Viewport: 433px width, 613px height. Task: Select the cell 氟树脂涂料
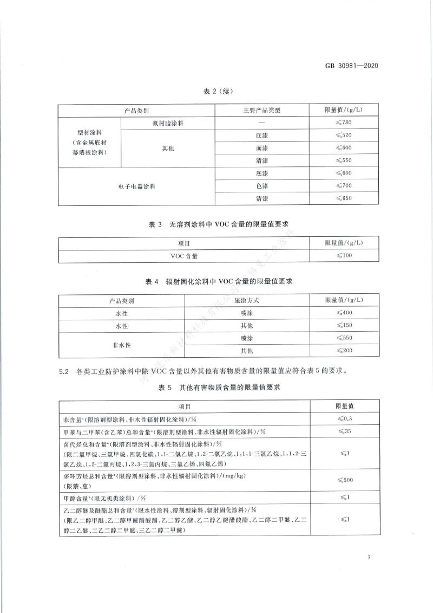(x=168, y=123)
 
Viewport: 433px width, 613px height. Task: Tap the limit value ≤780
(x=344, y=123)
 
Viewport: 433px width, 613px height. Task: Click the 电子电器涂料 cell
(x=137, y=186)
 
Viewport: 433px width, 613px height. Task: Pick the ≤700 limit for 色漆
(x=344, y=186)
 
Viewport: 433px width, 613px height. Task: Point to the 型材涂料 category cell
(x=90, y=142)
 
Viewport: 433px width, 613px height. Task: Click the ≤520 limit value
(x=344, y=135)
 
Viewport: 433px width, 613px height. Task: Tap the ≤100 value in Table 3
(x=344, y=255)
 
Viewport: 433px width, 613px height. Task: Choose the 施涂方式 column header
(x=246, y=300)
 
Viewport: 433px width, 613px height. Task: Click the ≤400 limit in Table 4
(x=344, y=313)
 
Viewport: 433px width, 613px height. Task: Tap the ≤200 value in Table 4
(x=344, y=351)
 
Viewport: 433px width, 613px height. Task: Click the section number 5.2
(x=64, y=371)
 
